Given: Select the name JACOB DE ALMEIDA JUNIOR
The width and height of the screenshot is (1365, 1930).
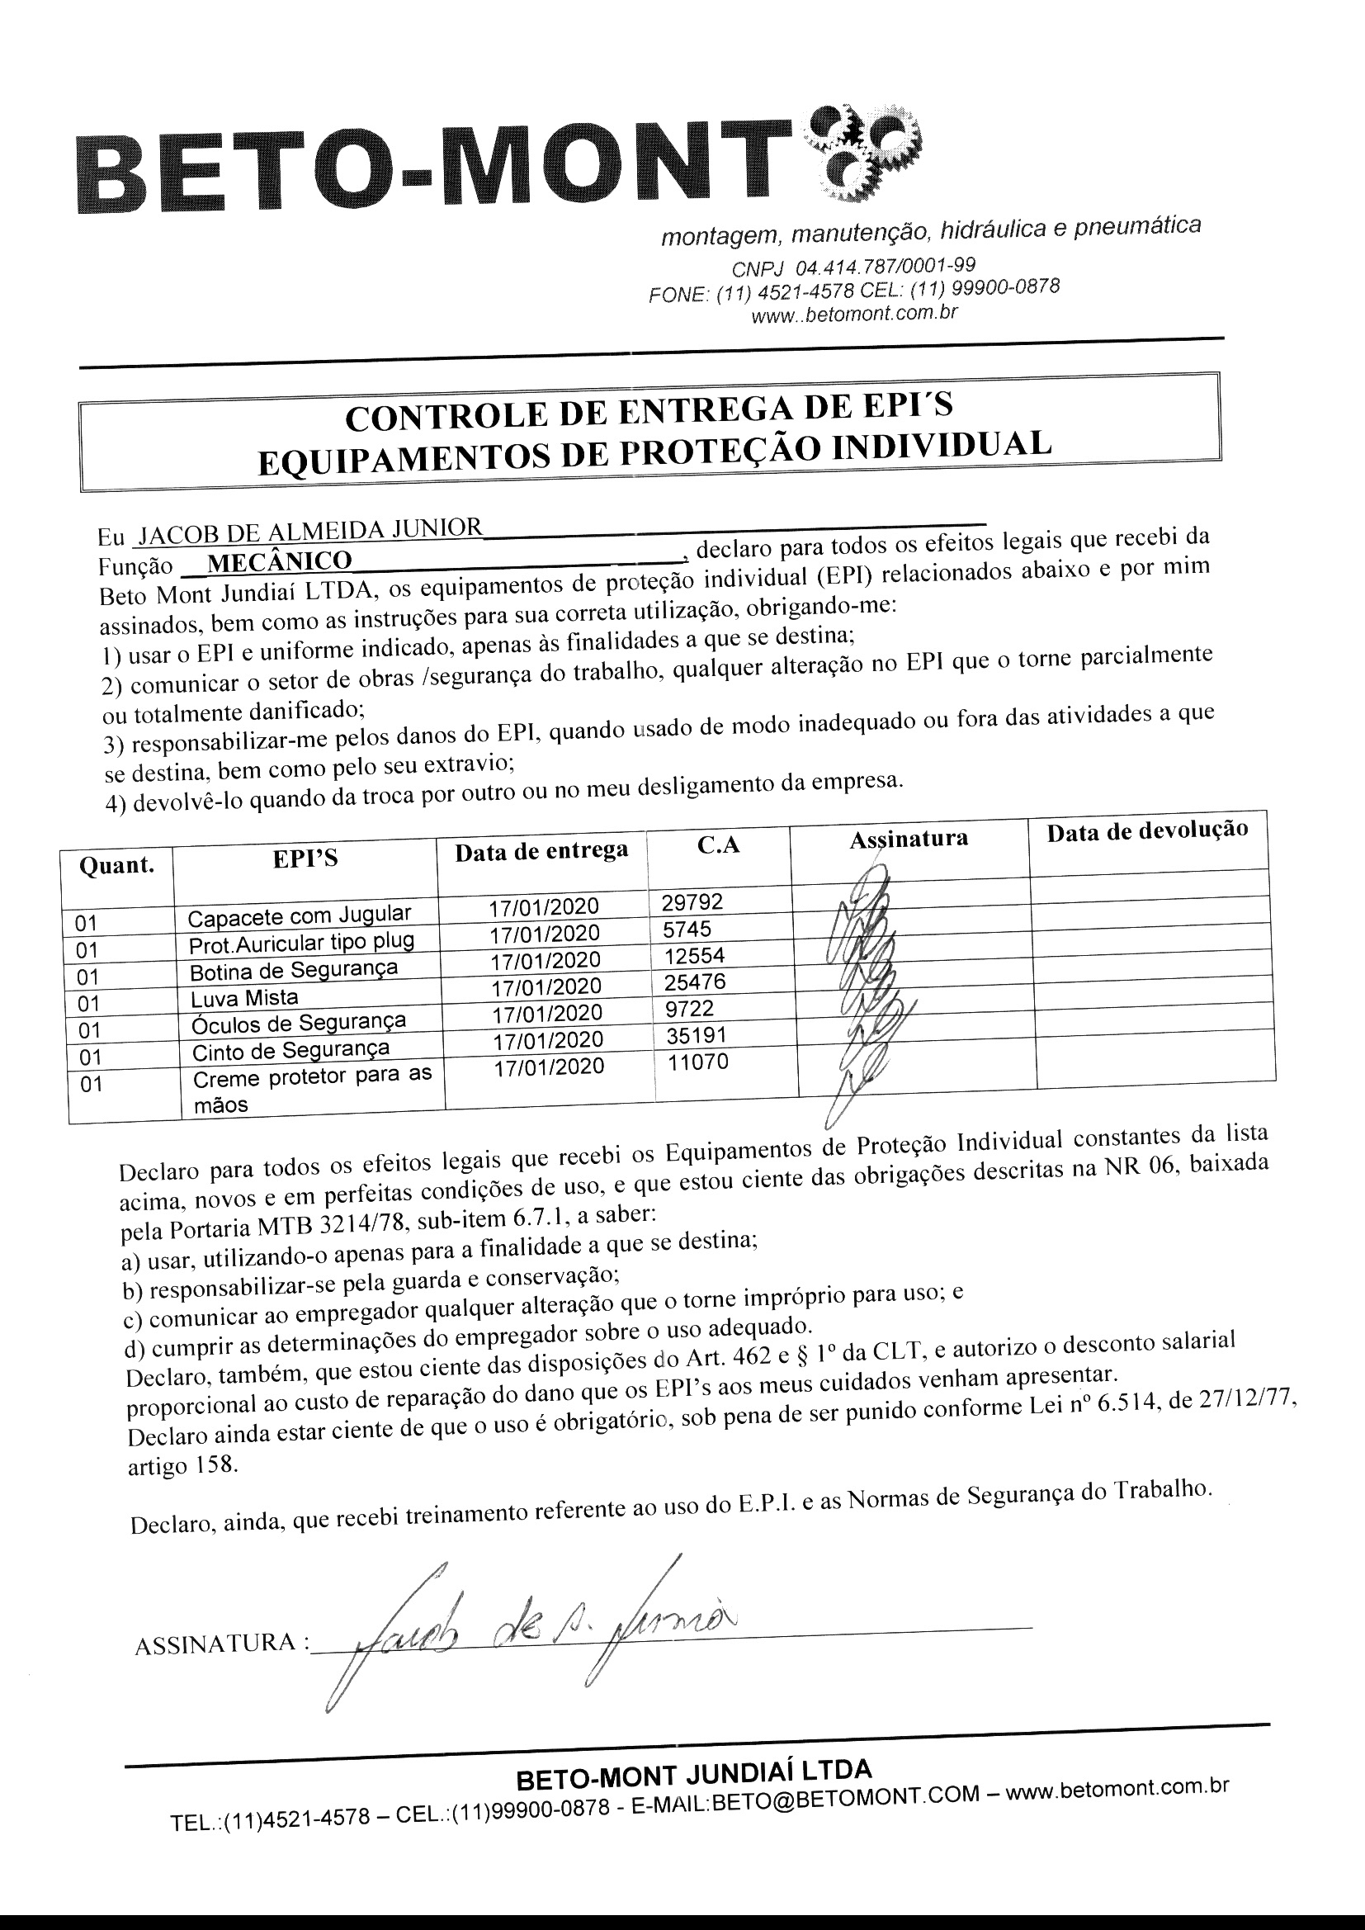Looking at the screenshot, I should [x=310, y=531].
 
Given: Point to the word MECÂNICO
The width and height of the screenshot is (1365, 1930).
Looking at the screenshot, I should [x=279, y=561].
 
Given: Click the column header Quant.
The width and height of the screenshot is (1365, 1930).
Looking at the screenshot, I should [x=116, y=865].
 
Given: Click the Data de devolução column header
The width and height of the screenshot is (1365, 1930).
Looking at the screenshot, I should [x=1146, y=831].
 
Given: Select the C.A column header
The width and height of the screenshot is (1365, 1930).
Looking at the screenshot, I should [x=719, y=844].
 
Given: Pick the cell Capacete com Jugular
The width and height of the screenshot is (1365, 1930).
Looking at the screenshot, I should [x=300, y=915].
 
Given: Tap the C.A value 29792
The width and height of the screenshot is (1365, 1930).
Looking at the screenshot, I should [x=692, y=903].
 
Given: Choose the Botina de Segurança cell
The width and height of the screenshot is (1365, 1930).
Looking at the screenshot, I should [x=293, y=971].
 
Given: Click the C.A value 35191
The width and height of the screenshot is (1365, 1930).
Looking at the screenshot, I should [x=696, y=1035].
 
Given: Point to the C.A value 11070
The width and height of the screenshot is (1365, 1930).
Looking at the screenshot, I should [x=697, y=1062].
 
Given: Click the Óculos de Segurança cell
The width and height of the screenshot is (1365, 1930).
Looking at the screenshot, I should [x=299, y=1023].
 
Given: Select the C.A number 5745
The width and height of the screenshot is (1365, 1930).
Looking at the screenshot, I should [x=687, y=929].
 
